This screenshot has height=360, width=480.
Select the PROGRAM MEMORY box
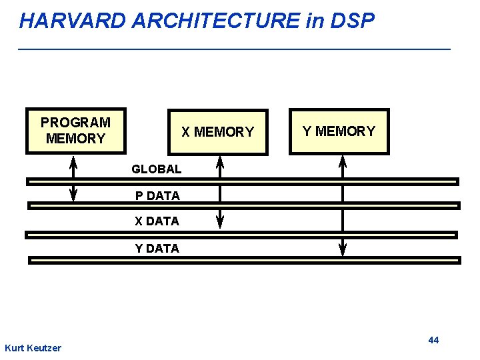click(x=76, y=131)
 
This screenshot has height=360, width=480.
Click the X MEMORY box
click(x=217, y=132)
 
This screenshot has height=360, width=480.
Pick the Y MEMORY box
click(x=339, y=131)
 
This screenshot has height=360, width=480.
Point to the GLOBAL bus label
click(x=157, y=169)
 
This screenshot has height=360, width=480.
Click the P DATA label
click(x=157, y=196)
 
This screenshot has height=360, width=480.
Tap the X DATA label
click(x=157, y=221)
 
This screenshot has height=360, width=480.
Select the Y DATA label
click(x=157, y=249)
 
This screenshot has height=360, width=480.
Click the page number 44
click(x=433, y=340)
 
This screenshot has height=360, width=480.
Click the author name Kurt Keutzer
click(x=33, y=348)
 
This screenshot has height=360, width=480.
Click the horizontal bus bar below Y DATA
click(x=243, y=261)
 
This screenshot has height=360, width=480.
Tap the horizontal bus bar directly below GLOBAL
click(x=243, y=181)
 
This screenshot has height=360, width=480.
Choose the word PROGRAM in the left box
click(x=75, y=123)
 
